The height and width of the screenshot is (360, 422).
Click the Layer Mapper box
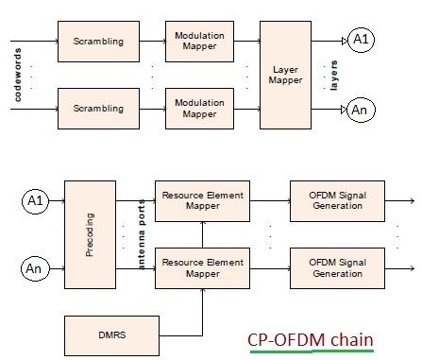(285, 75)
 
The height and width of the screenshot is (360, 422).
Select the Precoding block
(90, 234)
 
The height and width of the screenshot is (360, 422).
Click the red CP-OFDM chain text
(311, 339)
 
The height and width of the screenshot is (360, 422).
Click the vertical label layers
(334, 75)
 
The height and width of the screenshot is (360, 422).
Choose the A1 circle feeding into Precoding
(36, 200)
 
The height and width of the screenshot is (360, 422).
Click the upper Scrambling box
(97, 41)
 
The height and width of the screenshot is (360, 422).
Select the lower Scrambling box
(97, 109)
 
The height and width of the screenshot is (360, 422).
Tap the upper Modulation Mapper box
(199, 41)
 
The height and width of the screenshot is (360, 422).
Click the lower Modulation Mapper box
(199, 109)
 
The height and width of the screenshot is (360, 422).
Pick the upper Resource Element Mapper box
(202, 200)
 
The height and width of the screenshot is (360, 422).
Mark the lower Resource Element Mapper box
(202, 268)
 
